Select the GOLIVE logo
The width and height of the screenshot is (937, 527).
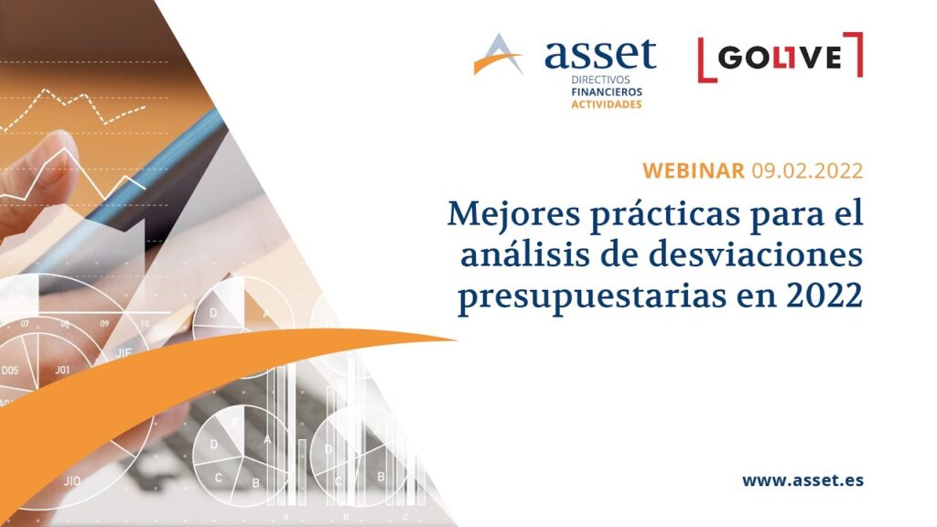pos(780,58)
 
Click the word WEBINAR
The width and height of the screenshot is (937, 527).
pos(694,170)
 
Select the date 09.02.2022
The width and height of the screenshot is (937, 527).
pos(808,170)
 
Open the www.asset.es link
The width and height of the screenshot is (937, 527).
pos(802,480)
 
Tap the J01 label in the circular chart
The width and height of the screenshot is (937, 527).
pos(62,371)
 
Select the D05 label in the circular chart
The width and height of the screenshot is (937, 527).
pos(10,371)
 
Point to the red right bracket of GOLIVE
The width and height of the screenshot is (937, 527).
pos(856,57)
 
